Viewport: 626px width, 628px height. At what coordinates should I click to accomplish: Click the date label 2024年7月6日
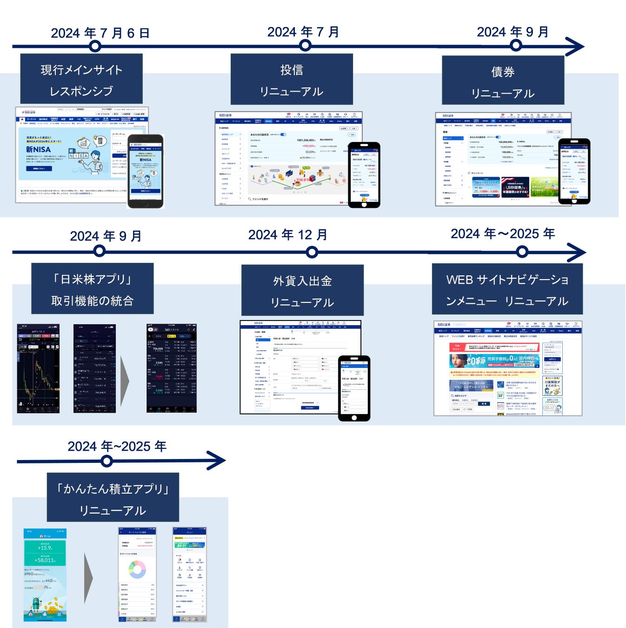[x=100, y=33]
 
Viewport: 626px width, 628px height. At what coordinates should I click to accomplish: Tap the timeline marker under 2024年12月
[x=312, y=252]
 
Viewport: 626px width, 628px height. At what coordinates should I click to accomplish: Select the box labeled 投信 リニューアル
[x=292, y=80]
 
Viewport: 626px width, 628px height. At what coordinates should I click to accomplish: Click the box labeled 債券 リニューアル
[x=503, y=82]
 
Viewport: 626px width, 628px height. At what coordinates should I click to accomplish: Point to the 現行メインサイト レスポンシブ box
[x=81, y=80]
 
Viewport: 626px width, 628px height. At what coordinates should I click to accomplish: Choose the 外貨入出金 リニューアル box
[x=302, y=291]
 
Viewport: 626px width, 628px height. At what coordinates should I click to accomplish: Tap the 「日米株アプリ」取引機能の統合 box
[x=92, y=289]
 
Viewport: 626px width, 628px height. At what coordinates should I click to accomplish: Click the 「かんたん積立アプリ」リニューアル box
[x=113, y=499]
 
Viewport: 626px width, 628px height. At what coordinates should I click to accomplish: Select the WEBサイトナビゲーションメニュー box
[x=507, y=290]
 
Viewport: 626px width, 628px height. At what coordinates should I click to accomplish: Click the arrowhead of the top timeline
[x=575, y=47]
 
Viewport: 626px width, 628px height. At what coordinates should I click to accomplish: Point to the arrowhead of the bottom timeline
[x=216, y=461]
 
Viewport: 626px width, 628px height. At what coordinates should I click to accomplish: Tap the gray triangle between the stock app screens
[x=125, y=381]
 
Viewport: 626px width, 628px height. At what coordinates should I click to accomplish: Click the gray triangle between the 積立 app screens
[x=88, y=578]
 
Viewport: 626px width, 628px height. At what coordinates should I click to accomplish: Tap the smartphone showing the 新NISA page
[x=146, y=171]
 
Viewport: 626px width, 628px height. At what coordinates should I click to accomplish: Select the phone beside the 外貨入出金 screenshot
[x=354, y=388]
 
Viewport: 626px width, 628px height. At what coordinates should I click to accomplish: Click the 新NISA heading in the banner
[x=39, y=149]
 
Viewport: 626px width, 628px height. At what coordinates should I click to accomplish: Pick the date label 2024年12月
[x=287, y=235]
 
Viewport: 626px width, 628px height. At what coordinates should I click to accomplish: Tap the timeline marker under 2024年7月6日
[x=95, y=47]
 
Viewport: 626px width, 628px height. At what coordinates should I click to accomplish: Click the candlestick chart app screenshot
[x=38, y=368]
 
